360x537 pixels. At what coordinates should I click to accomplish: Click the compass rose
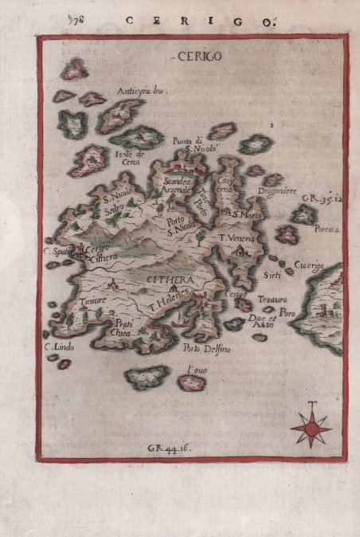[311, 429]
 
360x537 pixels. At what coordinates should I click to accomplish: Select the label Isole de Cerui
[128, 157]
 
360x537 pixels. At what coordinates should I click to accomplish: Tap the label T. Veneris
[236, 237]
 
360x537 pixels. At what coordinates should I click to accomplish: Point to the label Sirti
[271, 275]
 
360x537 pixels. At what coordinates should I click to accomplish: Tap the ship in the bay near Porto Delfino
[182, 323]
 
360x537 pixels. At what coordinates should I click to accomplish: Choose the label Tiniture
[93, 301]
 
